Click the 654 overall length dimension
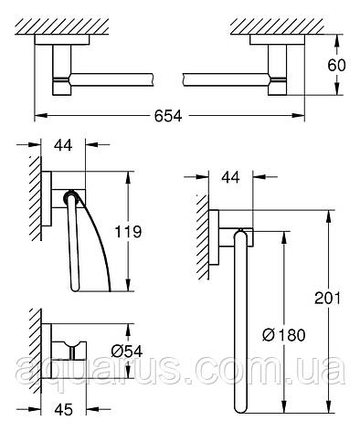click(x=168, y=116)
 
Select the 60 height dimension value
click(x=336, y=65)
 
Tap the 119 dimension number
click(x=128, y=232)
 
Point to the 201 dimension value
click(x=327, y=298)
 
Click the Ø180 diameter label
click(x=283, y=335)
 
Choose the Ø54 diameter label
click(x=127, y=352)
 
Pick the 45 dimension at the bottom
click(x=64, y=409)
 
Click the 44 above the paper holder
click(x=63, y=145)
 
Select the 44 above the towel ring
click(x=230, y=177)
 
